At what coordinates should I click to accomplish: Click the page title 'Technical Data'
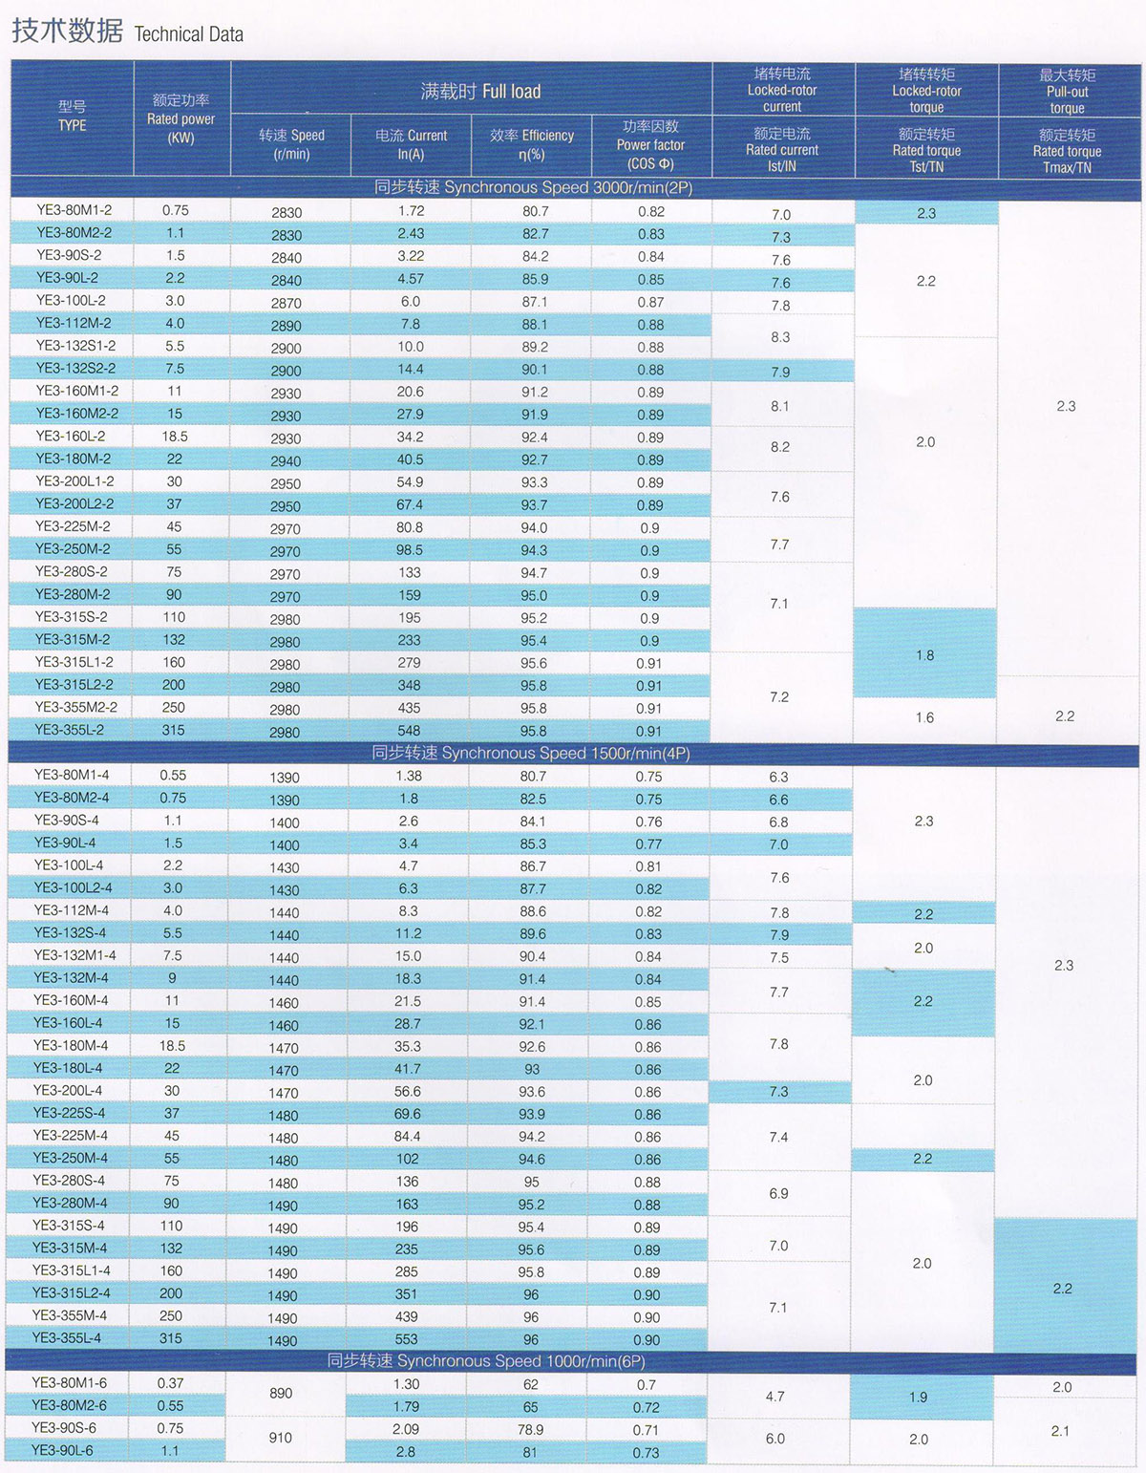(188, 34)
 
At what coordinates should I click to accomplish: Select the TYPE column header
(72, 116)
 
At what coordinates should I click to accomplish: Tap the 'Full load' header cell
(480, 92)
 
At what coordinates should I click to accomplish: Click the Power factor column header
(650, 145)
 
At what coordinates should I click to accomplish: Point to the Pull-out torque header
(1068, 92)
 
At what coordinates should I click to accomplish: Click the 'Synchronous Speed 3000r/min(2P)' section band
(533, 188)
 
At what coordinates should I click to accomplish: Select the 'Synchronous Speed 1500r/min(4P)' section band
(531, 753)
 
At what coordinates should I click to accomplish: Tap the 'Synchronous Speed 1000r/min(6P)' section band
(486, 1360)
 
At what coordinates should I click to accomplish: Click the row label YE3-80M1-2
(74, 210)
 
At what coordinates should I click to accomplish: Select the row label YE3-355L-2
(70, 730)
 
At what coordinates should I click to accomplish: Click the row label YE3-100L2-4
(74, 888)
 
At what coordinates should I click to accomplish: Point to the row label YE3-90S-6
(64, 1427)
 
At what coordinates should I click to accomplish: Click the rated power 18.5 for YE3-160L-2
(175, 437)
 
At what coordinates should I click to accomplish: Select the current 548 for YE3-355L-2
(409, 731)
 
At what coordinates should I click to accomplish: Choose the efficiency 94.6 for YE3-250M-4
(532, 1159)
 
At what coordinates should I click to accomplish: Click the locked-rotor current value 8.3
(780, 337)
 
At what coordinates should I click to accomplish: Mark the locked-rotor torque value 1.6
(924, 717)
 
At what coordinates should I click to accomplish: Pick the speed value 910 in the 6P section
(280, 1438)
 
